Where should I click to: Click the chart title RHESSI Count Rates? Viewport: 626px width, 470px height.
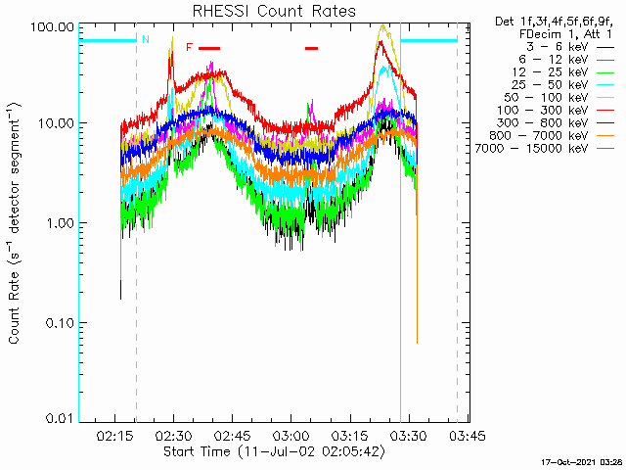(273, 11)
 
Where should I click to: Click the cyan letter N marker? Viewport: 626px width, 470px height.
(146, 39)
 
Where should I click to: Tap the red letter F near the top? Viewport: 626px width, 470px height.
(189, 47)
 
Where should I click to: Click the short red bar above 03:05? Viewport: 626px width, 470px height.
(311, 48)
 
